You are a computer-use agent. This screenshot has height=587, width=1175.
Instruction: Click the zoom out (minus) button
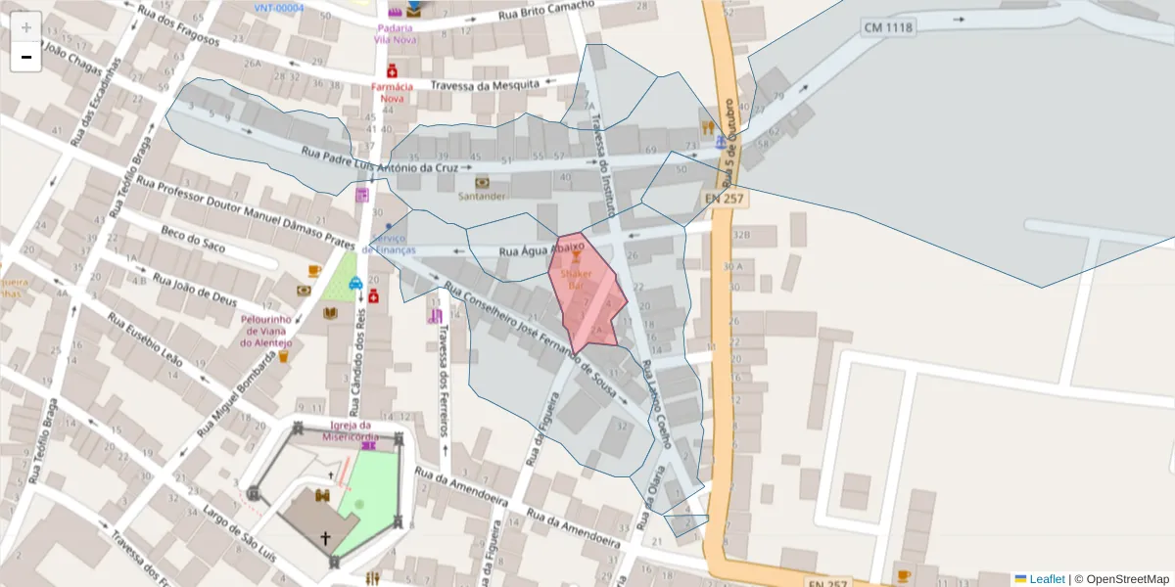(26, 57)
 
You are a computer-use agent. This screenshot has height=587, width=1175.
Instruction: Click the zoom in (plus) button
(26, 26)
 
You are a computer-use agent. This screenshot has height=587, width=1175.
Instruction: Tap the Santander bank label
(483, 196)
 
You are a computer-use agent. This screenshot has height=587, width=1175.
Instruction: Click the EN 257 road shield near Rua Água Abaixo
(725, 199)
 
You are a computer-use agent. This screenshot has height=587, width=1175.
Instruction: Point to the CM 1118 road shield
(888, 27)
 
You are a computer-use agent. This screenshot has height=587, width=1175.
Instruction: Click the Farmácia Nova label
(392, 92)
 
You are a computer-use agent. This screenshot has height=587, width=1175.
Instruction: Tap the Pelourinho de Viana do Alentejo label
(266, 331)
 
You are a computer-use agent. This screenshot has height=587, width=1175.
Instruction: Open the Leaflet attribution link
(1046, 579)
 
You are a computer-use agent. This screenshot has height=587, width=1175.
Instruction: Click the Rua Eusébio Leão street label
(144, 339)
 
